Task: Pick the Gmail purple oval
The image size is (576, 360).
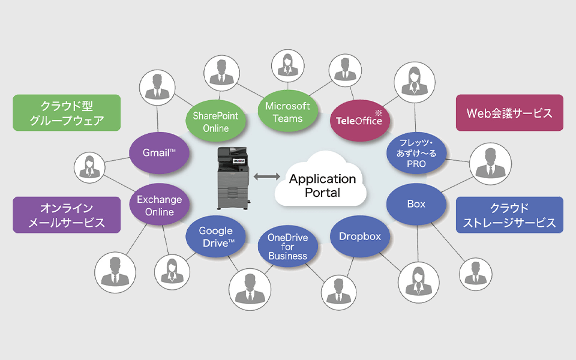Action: pos(159,152)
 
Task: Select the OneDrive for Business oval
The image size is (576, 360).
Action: pos(287,247)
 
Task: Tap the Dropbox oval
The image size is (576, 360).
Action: pos(360,236)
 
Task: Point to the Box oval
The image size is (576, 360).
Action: pos(416,205)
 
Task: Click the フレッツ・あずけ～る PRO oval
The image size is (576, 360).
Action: pos(416,154)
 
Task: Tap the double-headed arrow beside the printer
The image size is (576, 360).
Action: pos(266,176)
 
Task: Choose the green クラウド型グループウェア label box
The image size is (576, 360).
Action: pos(67,113)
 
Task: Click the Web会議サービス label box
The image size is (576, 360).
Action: pos(509,113)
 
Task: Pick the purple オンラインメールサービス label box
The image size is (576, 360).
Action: pos(67,215)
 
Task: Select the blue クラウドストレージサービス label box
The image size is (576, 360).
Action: pos(509,215)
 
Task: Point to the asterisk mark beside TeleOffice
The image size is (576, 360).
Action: pos(378,112)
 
